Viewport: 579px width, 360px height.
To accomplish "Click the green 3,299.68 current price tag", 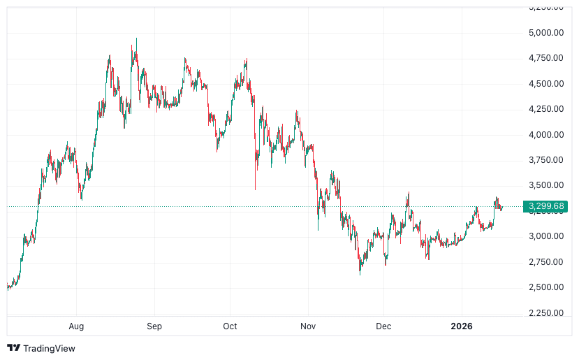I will click(x=547, y=206).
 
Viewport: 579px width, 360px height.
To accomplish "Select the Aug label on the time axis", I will click(x=77, y=326).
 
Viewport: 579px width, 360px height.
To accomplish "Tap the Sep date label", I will click(x=154, y=326).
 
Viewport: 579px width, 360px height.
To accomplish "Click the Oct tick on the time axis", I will click(x=230, y=326).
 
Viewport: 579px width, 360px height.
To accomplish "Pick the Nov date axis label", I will click(x=307, y=326).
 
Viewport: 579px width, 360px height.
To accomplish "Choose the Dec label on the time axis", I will click(x=383, y=326).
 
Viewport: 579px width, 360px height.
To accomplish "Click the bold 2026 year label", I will click(x=462, y=326).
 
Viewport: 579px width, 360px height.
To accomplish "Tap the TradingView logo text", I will click(x=49, y=348).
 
